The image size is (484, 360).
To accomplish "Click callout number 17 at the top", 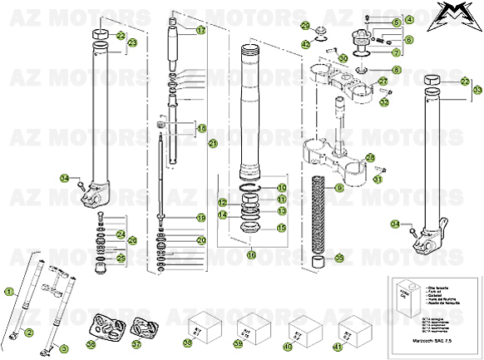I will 200,31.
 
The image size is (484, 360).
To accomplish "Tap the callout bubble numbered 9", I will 338,189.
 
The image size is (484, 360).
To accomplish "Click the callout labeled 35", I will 338,259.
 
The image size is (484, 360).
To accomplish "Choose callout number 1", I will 9,292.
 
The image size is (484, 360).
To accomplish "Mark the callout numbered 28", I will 370,157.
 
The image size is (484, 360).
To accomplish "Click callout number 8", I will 396,71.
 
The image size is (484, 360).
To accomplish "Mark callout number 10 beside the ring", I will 281,188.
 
